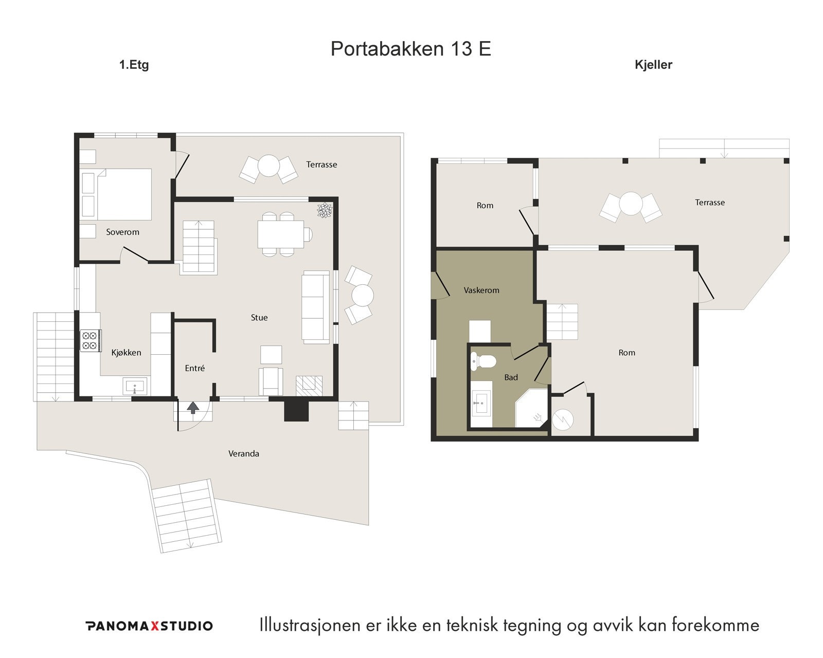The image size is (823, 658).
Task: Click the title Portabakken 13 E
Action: point(410,49)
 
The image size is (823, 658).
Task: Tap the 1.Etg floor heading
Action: point(134,65)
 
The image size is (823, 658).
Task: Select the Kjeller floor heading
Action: point(653,65)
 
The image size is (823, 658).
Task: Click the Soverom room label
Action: point(122,232)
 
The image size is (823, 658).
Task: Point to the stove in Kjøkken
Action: point(90,340)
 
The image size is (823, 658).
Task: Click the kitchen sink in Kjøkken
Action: point(135,386)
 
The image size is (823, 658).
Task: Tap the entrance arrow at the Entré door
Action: point(193,408)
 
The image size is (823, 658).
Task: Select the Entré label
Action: point(194,368)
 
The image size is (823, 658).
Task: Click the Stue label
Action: point(259,318)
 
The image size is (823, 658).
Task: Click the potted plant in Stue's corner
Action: point(325,210)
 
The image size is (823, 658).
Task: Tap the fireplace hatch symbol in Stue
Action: point(309,386)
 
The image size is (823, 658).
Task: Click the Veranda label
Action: point(243,454)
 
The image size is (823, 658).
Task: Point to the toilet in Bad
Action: point(482,361)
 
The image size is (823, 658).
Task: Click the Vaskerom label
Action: point(481,290)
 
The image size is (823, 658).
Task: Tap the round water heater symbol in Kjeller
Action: point(563,419)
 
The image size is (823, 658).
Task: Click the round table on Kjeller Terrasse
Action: point(630,204)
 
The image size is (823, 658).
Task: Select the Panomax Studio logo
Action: point(149,626)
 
